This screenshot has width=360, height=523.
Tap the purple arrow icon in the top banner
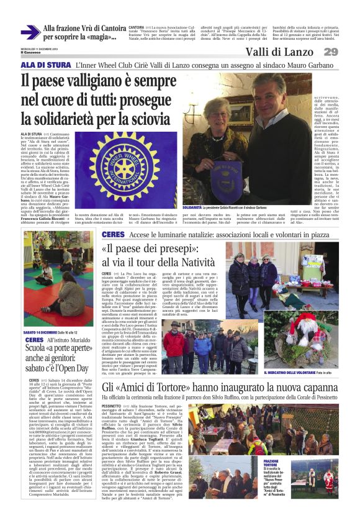[30, 32]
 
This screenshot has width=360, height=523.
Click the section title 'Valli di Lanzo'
[279, 52]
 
